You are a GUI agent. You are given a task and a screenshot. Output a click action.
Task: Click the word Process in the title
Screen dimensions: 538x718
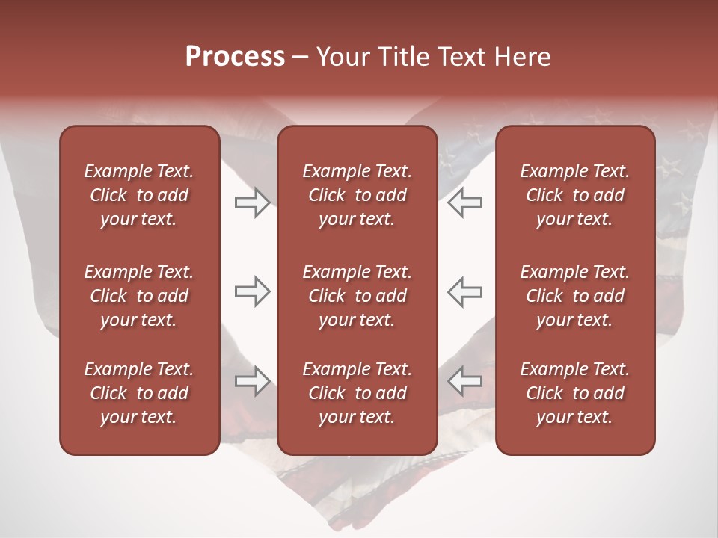(235, 57)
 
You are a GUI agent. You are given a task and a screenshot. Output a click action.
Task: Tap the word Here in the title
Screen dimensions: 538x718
(521, 57)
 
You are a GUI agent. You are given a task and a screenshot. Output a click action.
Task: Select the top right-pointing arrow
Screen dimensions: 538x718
(252, 202)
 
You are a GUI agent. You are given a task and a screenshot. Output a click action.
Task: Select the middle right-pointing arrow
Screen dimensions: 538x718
(252, 291)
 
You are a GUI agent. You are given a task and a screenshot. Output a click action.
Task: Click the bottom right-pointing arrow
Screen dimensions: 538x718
(252, 381)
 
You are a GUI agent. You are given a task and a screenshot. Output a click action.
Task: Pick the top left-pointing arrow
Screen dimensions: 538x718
(465, 202)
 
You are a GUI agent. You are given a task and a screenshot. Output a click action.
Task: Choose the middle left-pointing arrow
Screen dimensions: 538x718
(465, 291)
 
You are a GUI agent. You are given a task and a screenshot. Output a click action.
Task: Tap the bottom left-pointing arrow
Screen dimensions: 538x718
(465, 381)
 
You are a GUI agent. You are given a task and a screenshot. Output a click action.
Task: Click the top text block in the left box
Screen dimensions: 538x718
(139, 195)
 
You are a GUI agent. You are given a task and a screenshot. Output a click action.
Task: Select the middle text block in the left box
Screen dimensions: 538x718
(139, 296)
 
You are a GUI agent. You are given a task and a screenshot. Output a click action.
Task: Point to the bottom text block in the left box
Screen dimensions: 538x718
(139, 393)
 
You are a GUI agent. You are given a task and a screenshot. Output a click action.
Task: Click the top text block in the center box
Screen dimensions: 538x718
(357, 195)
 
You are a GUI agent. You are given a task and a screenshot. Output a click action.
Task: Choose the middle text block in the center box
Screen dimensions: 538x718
(357, 296)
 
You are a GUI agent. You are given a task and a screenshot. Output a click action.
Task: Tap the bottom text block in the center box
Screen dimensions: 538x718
(357, 393)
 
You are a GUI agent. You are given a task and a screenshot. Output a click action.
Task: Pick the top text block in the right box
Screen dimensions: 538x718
(574, 195)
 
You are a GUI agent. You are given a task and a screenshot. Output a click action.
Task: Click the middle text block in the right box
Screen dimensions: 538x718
(574, 296)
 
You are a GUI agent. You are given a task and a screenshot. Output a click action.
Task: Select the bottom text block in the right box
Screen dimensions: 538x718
(574, 393)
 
